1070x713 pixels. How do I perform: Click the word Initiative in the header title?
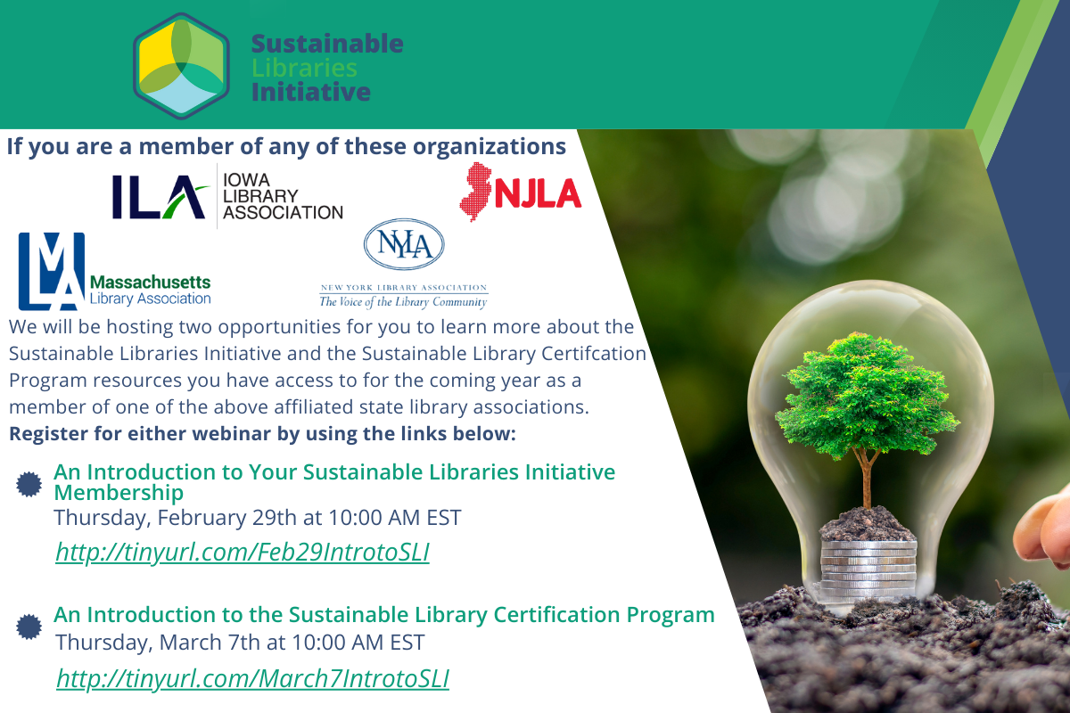pos(310,92)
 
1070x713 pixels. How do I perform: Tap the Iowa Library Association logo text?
pos(282,196)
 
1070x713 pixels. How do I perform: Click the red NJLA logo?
pos(522,193)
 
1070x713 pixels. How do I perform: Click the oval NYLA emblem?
pos(404,244)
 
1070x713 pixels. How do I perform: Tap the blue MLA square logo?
pos(52,271)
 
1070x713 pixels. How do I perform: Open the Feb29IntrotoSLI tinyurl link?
pos(243,553)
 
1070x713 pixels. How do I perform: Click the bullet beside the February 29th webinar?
pos(29,483)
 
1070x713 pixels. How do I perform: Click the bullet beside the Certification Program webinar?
pos(29,626)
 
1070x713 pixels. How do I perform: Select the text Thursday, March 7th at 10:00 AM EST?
pos(240,642)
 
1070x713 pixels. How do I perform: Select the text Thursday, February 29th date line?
pos(258,517)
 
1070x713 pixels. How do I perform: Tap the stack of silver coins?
pos(868,561)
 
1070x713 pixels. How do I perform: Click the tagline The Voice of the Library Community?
pos(404,302)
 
